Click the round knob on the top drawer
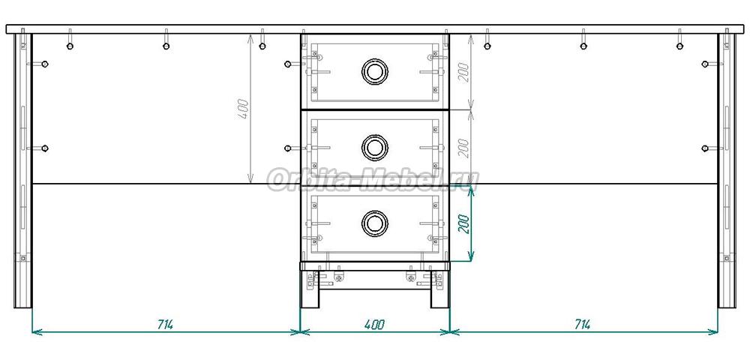point(374,72)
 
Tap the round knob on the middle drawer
point(374,147)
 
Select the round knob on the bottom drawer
point(374,223)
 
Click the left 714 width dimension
point(165,325)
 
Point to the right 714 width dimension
point(582,325)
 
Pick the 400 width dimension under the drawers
point(374,325)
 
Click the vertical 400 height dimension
point(244,109)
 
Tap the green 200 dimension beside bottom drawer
point(464,223)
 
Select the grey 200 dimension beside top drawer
point(464,72)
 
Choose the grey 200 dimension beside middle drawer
point(464,148)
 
